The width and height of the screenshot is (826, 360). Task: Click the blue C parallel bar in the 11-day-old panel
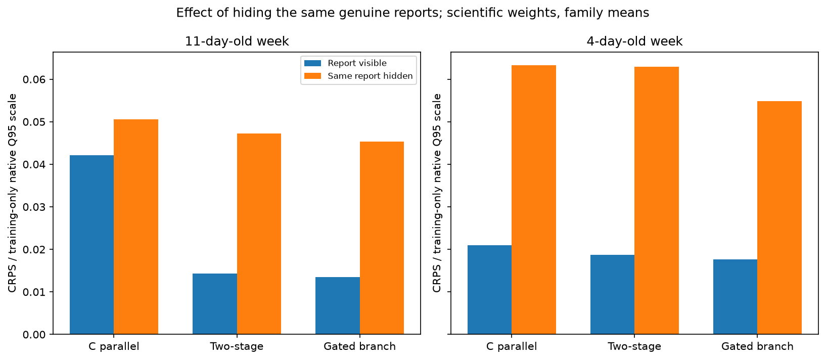(92, 245)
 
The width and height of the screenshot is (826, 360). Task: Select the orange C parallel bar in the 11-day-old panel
(136, 227)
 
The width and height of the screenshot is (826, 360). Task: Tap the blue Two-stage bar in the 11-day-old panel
(215, 304)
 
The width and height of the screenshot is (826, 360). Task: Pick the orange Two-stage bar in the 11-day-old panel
(259, 234)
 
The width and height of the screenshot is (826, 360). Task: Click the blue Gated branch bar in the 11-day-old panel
(337, 305)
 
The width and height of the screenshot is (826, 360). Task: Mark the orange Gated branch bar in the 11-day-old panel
(382, 238)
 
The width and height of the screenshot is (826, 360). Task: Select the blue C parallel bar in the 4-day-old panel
(490, 290)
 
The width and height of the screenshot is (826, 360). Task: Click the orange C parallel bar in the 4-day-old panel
(534, 200)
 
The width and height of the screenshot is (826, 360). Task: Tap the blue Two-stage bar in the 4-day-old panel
(613, 294)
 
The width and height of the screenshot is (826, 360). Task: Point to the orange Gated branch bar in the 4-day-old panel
(779, 217)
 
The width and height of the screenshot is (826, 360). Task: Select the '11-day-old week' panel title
(237, 41)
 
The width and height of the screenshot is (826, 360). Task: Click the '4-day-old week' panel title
(634, 41)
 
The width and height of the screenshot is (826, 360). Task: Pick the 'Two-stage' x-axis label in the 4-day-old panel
(634, 346)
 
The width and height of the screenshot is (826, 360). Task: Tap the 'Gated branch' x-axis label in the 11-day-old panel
(359, 346)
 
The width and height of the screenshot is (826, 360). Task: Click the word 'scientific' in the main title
(468, 13)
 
